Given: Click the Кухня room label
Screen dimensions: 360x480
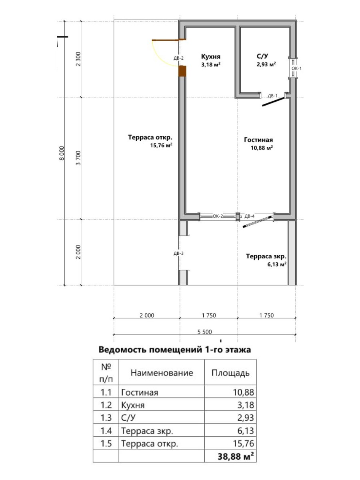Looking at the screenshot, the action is coord(211,56).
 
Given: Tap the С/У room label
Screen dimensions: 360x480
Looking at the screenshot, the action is coord(262,56).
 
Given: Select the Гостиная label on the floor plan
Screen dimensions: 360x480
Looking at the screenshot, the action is coord(258,140).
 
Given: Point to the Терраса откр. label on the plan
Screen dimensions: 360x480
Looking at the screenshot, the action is coord(150,137).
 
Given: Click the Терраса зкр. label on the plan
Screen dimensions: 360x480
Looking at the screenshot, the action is coord(266,256).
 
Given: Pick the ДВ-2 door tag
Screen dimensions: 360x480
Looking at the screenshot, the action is coord(178,58).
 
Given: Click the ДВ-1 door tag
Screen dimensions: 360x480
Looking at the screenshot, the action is coord(272,96).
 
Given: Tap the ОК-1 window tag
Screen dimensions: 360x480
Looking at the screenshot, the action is coord(297,68).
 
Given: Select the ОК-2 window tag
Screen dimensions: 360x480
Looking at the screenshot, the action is coord(218,216).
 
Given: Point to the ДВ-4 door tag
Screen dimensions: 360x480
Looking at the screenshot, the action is coord(249,216).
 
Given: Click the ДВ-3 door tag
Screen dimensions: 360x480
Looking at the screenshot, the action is coord(178,253).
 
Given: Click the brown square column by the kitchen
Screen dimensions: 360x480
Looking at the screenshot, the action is coord(182,71).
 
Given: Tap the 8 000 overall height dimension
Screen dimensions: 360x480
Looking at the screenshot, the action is coord(62,153).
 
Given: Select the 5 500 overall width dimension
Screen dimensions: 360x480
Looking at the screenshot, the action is coord(204,332).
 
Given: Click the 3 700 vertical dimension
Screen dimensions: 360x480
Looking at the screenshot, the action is coord(78,158).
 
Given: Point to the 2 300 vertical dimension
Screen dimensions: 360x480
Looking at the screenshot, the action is coord(78,59).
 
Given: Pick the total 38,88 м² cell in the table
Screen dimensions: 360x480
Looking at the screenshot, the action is coord(236,456).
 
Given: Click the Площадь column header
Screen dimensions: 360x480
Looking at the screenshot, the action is coord(230,373).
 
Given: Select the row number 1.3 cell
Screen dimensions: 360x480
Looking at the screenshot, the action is coord(106,418).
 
